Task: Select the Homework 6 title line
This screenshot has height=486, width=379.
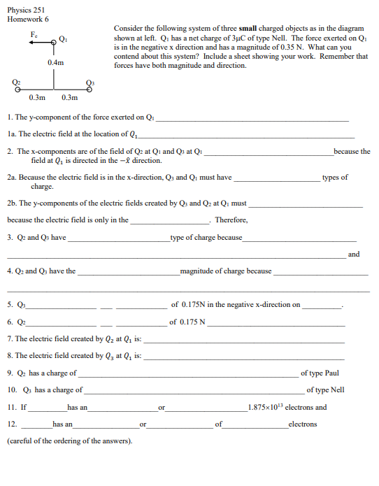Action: coord(26,17)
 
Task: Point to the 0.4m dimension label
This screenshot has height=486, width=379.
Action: coord(55,63)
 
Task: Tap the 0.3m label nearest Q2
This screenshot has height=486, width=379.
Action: coord(36,98)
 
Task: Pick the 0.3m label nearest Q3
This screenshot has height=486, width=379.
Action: coord(69,98)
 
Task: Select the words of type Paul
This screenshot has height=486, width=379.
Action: coord(320,373)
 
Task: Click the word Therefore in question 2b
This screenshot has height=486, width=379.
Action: coord(231,220)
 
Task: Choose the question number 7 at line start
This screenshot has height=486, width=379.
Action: coord(8,338)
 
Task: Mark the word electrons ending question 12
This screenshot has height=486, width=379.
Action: coord(303,424)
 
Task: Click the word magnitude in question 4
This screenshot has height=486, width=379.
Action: coord(198,271)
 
